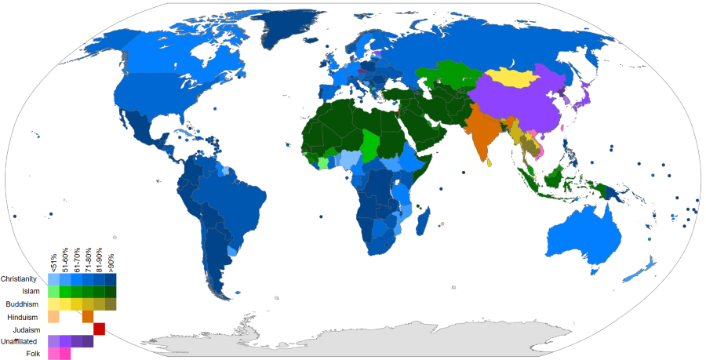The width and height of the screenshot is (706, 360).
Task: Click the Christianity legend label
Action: tap(24, 279)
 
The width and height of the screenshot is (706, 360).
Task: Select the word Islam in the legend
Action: tap(31, 292)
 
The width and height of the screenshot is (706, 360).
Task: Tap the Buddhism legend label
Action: tap(26, 304)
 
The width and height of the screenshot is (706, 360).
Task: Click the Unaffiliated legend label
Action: tap(23, 342)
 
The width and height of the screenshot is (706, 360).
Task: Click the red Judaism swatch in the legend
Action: tap(100, 329)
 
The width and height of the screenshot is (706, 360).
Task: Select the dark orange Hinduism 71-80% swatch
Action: tap(88, 317)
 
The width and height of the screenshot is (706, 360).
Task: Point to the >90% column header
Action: tap(111, 261)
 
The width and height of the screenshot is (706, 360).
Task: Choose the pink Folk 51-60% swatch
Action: tap(65, 355)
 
